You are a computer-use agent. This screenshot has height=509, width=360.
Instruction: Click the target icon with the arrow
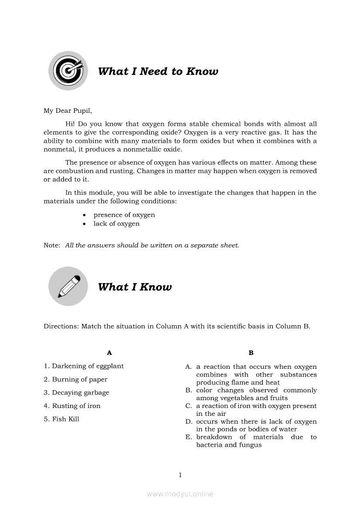68,71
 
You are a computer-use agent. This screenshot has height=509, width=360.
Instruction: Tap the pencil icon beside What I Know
68,286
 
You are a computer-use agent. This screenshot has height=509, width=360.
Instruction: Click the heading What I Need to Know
158,71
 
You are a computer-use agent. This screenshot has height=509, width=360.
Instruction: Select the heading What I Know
135,287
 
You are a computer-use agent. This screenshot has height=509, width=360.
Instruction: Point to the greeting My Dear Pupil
68,111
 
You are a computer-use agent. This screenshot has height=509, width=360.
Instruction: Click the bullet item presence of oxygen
124,215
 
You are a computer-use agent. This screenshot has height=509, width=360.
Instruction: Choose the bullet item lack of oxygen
116,224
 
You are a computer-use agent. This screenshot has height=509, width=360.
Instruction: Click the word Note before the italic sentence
51,245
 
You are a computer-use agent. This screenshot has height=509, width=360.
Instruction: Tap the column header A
109,353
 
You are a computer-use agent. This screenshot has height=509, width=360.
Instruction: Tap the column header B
251,353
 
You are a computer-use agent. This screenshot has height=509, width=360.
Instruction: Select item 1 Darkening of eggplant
84,366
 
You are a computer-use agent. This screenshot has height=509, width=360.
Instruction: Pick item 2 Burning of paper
75,379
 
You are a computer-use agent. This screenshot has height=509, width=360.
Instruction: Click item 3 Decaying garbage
76,393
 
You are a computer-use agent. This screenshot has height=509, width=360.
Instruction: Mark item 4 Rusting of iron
72,406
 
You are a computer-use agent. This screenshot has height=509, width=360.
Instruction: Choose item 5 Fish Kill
61,419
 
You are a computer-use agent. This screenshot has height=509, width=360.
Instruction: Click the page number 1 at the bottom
180,475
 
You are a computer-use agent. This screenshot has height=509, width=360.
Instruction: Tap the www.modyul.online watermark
180,494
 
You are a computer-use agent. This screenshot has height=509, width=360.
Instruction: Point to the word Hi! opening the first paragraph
70,124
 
